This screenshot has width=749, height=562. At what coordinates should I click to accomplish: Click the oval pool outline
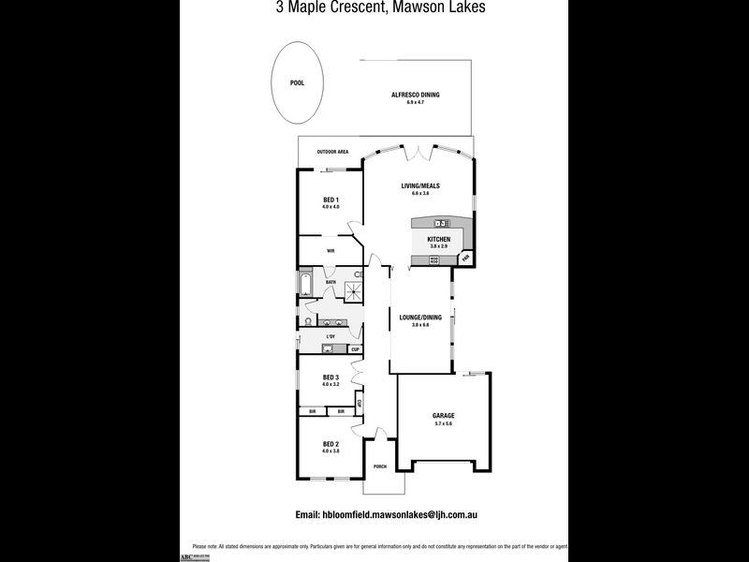(x=297, y=83)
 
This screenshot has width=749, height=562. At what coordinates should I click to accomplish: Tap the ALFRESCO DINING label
(x=415, y=95)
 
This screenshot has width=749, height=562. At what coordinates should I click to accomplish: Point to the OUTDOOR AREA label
(x=332, y=152)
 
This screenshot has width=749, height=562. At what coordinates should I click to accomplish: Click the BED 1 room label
(x=330, y=200)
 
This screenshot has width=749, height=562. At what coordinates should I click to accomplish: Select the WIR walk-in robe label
(x=330, y=251)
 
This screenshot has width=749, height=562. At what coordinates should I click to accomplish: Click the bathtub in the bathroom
(x=305, y=283)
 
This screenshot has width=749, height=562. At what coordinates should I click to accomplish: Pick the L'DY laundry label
(x=330, y=336)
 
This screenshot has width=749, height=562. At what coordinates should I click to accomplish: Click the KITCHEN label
(x=439, y=240)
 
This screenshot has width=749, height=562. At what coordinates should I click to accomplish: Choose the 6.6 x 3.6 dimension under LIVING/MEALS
(x=420, y=193)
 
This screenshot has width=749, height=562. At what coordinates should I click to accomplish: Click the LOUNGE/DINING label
(x=420, y=318)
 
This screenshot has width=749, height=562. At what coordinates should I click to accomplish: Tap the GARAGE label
(x=443, y=416)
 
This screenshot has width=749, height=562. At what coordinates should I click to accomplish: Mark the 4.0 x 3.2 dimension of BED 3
(x=330, y=384)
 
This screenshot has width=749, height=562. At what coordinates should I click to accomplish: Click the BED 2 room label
(x=330, y=444)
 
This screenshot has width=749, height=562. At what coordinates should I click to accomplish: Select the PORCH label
(x=380, y=466)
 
